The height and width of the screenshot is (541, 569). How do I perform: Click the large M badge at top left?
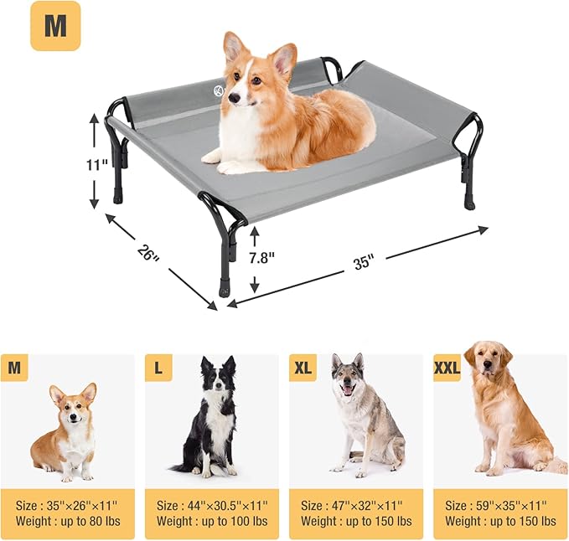(55, 26)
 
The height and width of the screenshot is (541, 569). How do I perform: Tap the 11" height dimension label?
(99, 164)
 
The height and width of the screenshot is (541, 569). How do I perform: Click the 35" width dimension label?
(363, 262)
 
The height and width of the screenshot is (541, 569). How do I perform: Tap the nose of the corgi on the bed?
(232, 99)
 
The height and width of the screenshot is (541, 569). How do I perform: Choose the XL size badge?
(303, 368)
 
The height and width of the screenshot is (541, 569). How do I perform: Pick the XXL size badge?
(447, 368)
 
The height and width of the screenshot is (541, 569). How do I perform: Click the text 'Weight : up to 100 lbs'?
(213, 521)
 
